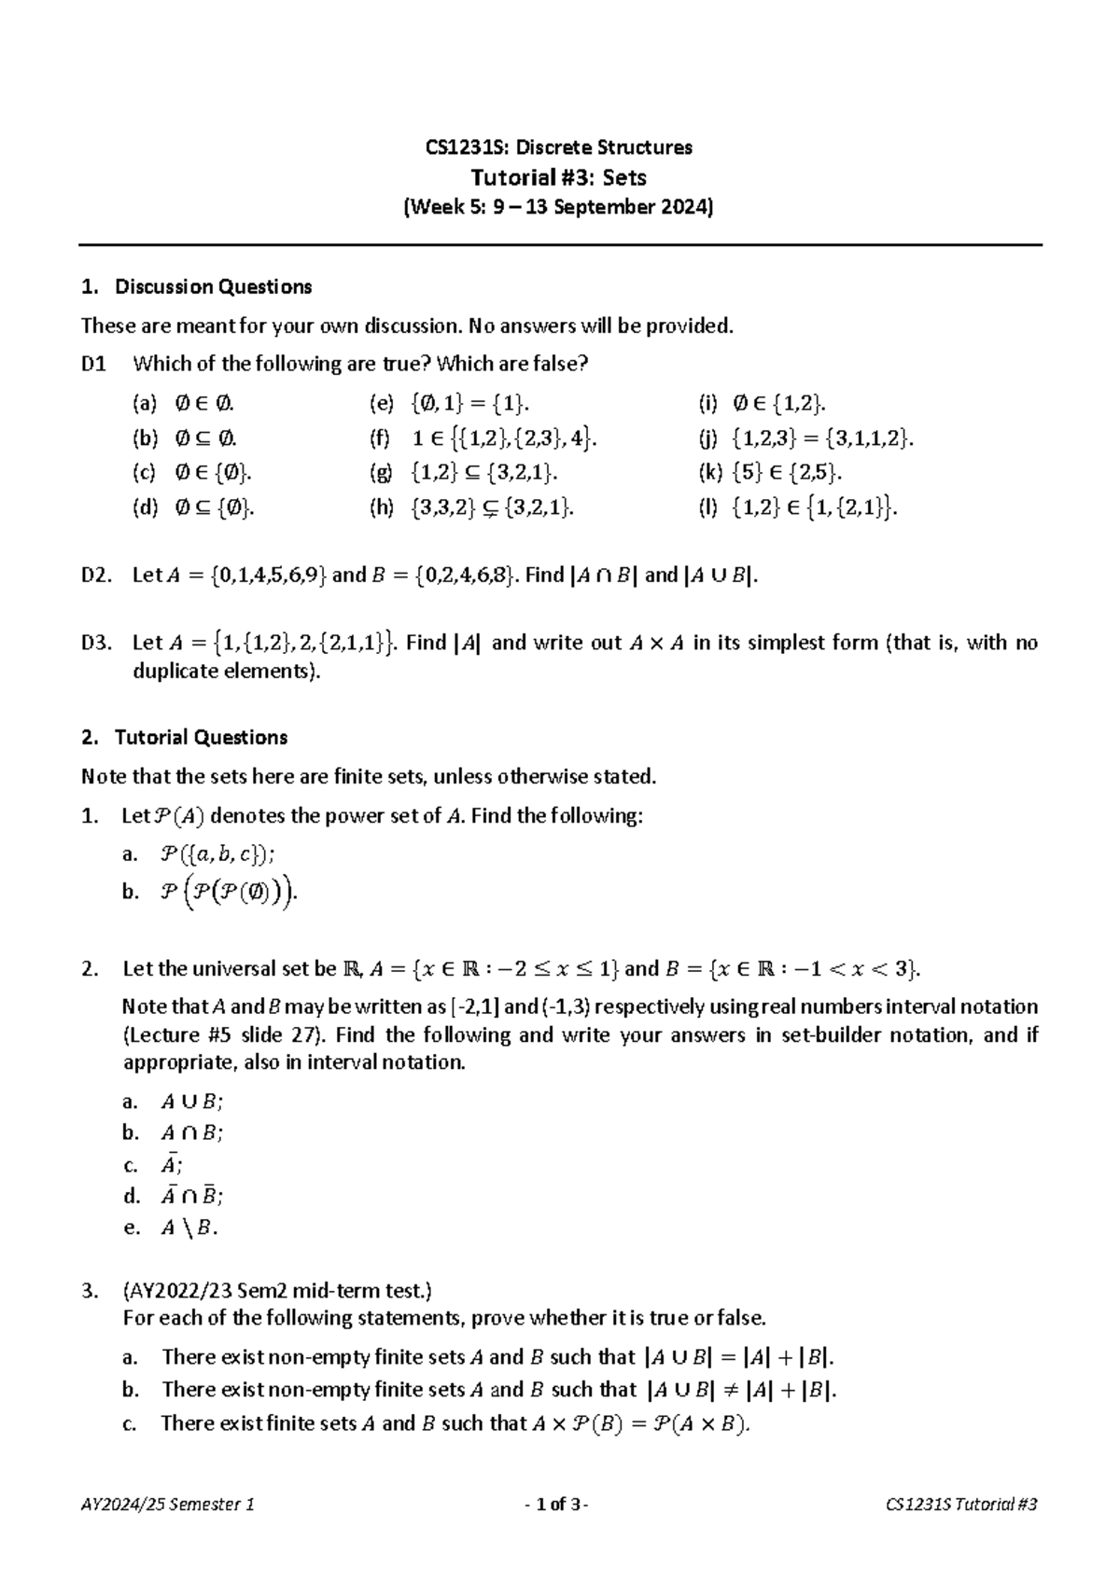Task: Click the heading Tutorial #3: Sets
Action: [x=558, y=177]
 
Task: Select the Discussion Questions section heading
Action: [x=213, y=287]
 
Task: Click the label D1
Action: [x=93, y=364]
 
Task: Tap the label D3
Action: [x=97, y=643]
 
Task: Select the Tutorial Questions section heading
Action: [x=201, y=738]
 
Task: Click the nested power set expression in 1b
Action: [x=231, y=893]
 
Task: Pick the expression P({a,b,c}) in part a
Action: [x=218, y=853]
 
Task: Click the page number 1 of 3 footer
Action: [x=556, y=1505]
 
